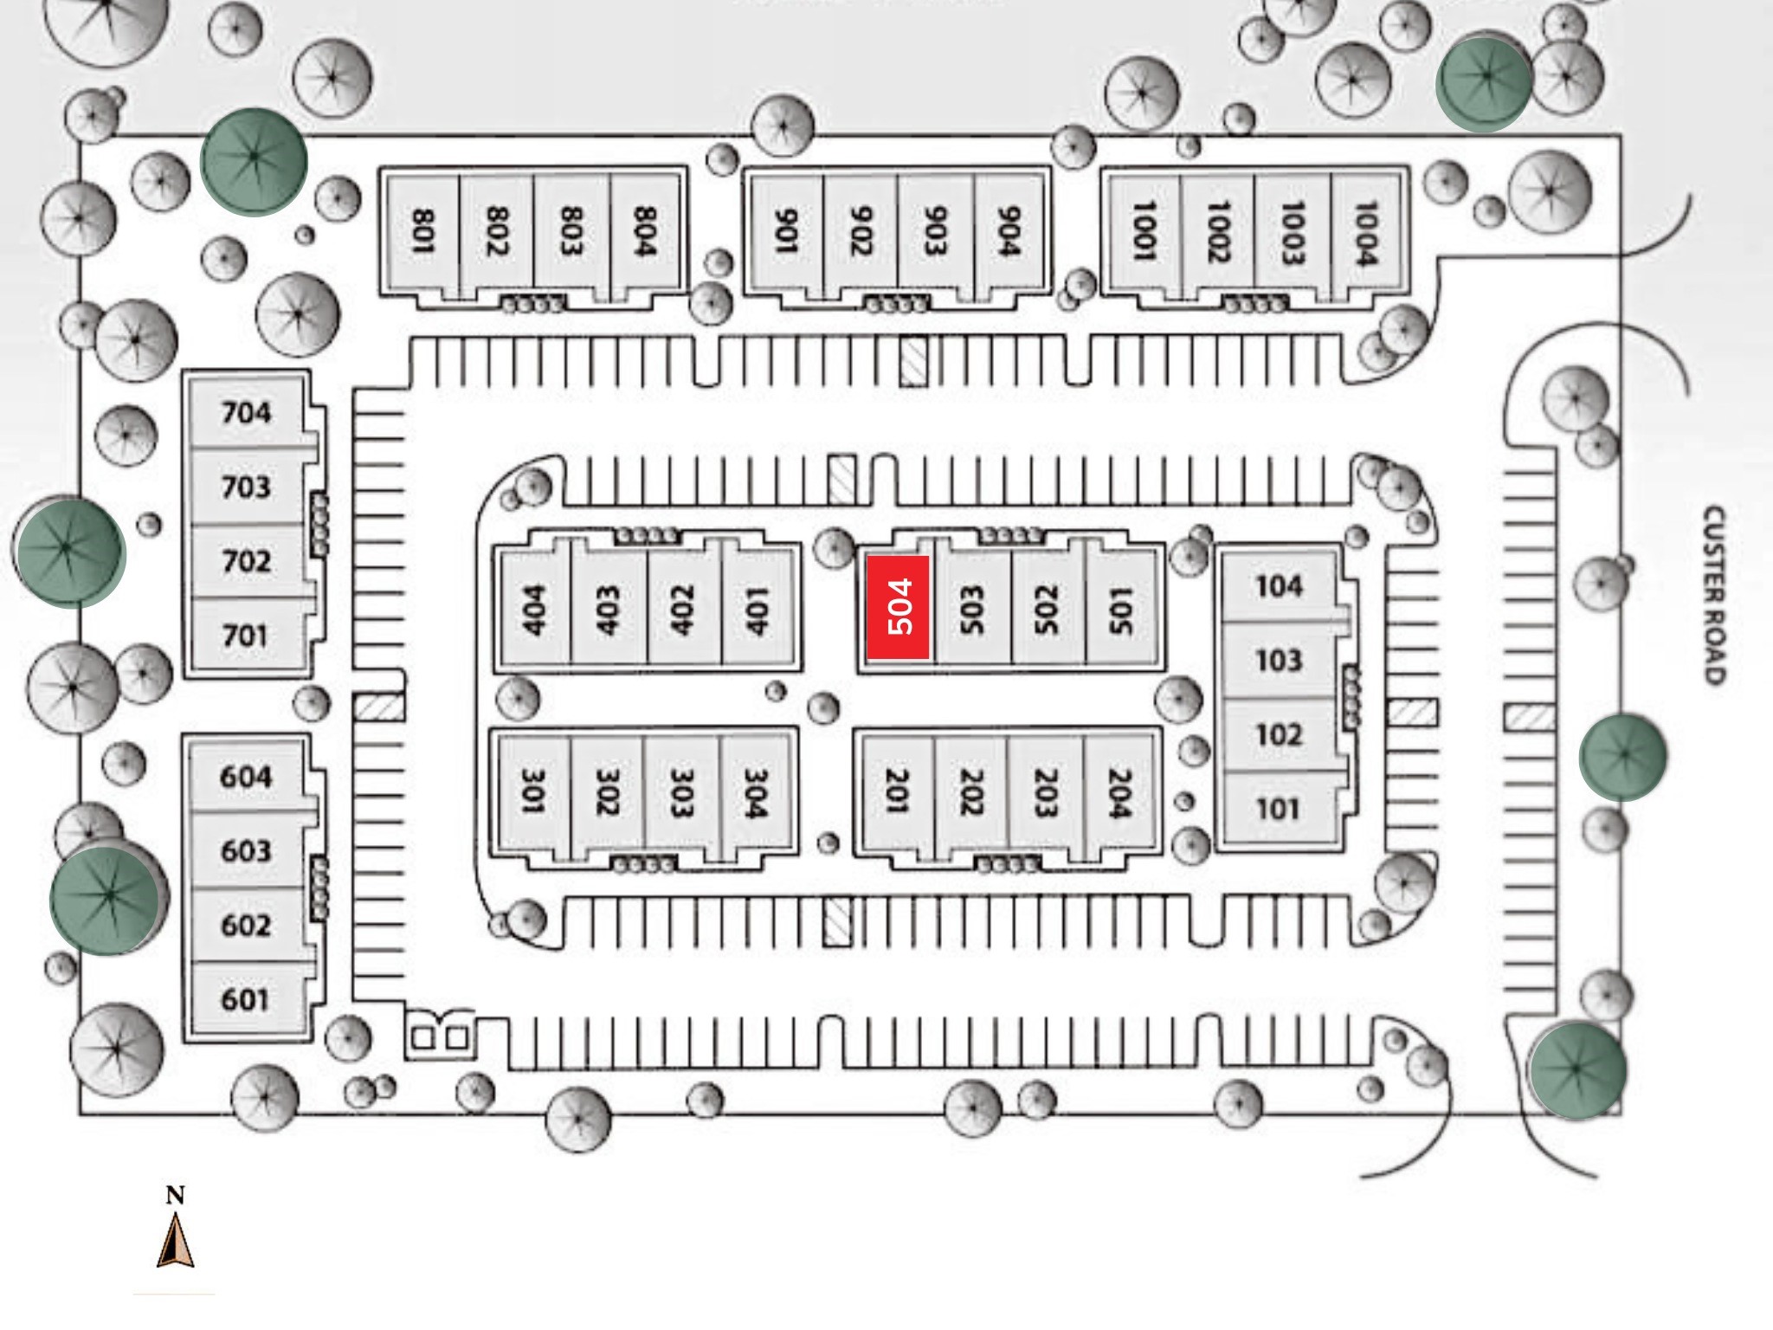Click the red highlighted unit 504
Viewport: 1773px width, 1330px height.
[x=899, y=607]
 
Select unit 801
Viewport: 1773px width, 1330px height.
[x=422, y=231]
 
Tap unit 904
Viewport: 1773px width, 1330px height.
[x=1008, y=231]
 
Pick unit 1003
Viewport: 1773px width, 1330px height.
[x=1293, y=231]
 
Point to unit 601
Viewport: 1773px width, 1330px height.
[x=246, y=999]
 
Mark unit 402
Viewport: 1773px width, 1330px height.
[x=684, y=608]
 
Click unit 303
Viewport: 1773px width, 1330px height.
[x=681, y=792]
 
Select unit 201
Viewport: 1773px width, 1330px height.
[x=897, y=792]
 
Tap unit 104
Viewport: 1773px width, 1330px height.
[x=1279, y=586]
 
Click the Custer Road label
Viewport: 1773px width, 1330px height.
[x=1713, y=596]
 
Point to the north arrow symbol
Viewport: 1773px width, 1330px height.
[x=176, y=1240]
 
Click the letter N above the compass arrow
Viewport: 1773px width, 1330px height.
[x=176, y=1196]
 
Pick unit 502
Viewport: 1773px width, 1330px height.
[x=1047, y=608]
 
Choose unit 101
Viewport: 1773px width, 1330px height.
[x=1278, y=809]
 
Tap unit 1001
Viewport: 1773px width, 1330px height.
[x=1144, y=231]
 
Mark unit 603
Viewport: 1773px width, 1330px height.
[x=246, y=850]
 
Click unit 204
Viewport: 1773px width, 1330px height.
[x=1119, y=792]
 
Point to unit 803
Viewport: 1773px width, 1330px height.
[x=571, y=231]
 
